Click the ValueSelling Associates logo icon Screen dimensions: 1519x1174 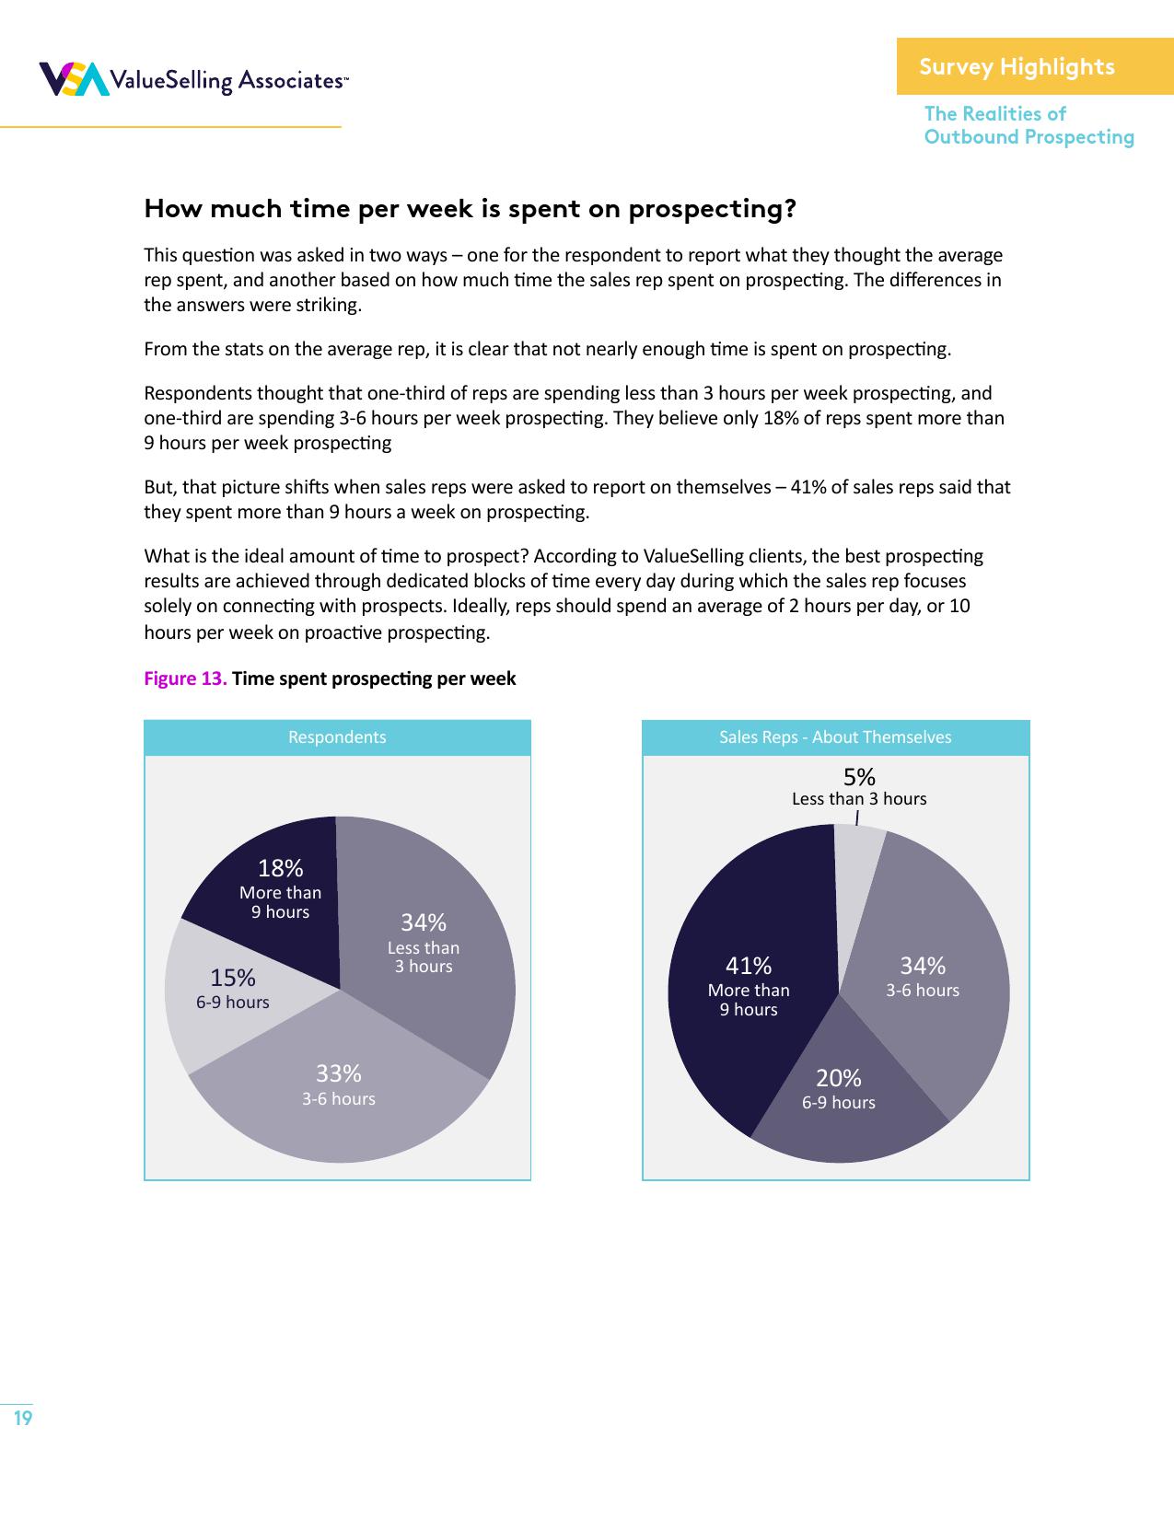(x=72, y=80)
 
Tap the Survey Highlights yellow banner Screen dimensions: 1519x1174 (x=1034, y=66)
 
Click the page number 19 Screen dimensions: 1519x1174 (x=23, y=1418)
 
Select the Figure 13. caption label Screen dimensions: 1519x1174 (x=185, y=678)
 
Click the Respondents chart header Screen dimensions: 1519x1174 (x=337, y=737)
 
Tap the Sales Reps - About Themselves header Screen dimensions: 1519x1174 (x=835, y=737)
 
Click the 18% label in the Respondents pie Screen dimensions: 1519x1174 (x=280, y=868)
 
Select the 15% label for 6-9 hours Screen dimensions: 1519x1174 (x=232, y=978)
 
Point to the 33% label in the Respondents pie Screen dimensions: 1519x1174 (x=338, y=1073)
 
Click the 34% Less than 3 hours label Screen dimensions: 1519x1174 (x=423, y=922)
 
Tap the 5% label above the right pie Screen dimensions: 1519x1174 (x=859, y=778)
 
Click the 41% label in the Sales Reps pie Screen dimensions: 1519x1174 (x=749, y=966)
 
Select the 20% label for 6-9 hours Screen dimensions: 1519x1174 (x=838, y=1078)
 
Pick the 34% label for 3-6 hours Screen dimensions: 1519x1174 (x=923, y=966)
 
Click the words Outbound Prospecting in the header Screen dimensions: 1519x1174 (x=1029, y=137)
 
